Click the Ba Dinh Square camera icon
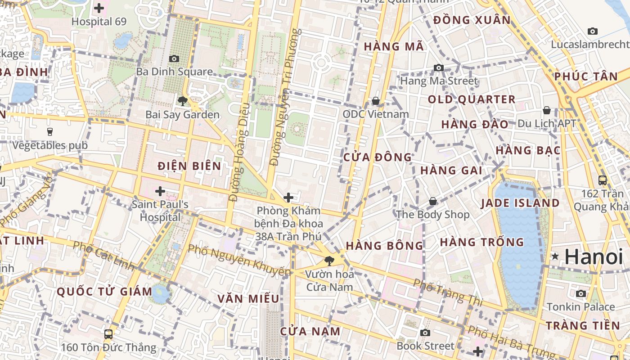pyautogui.click(x=174, y=58)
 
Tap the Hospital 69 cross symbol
pyautogui.click(x=99, y=8)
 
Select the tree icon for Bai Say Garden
pyautogui.click(x=182, y=101)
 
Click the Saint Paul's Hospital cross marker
pyautogui.click(x=160, y=192)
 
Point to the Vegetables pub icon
pyautogui.click(x=49, y=132)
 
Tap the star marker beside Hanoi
pyautogui.click(x=555, y=256)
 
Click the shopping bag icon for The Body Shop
pyautogui.click(x=432, y=201)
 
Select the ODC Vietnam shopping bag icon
pyautogui.click(x=375, y=101)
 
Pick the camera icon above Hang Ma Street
pyautogui.click(x=438, y=68)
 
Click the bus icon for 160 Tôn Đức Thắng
pyautogui.click(x=108, y=334)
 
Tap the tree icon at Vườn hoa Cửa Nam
pyautogui.click(x=329, y=261)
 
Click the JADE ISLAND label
pyautogui.click(x=520, y=203)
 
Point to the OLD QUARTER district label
pyautogui.click(x=471, y=99)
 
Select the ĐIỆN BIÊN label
pyautogui.click(x=189, y=166)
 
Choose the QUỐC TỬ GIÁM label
pyautogui.click(x=104, y=292)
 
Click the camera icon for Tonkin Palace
pyautogui.click(x=581, y=294)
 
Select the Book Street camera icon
pyautogui.click(x=425, y=333)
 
